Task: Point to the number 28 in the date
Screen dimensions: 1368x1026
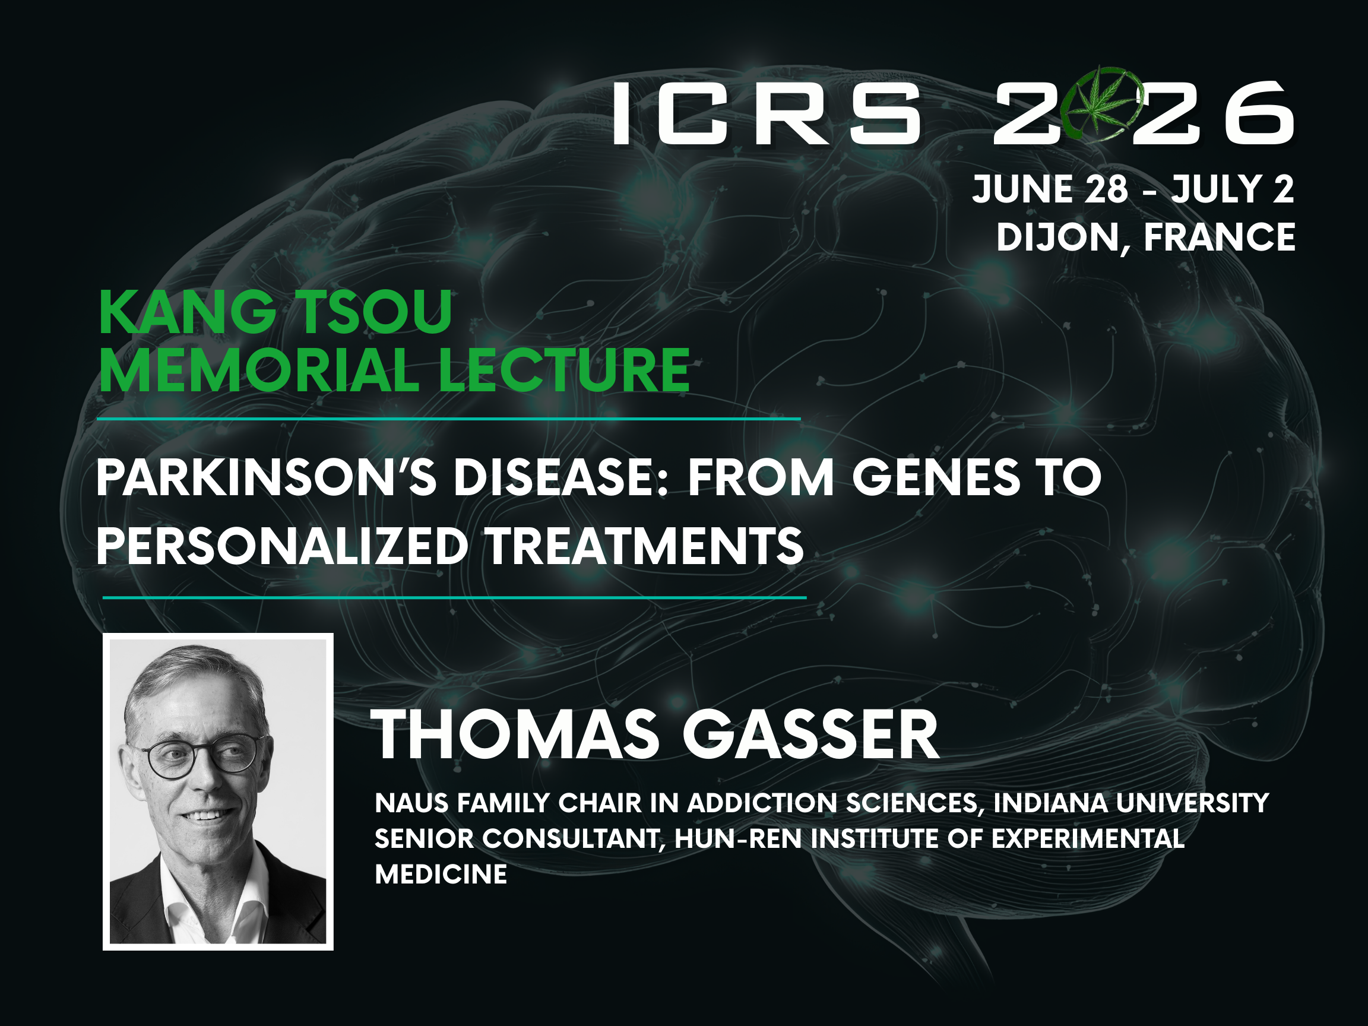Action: coord(1106,189)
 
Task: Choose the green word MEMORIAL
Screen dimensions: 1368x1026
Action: coord(259,370)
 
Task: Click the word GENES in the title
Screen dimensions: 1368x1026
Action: coord(936,477)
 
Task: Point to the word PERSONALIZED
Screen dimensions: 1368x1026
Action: coord(282,546)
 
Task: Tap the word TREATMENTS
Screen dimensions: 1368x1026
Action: coord(644,546)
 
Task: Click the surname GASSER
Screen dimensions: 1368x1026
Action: coord(810,734)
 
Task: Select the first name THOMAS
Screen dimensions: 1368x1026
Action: coord(516,734)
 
